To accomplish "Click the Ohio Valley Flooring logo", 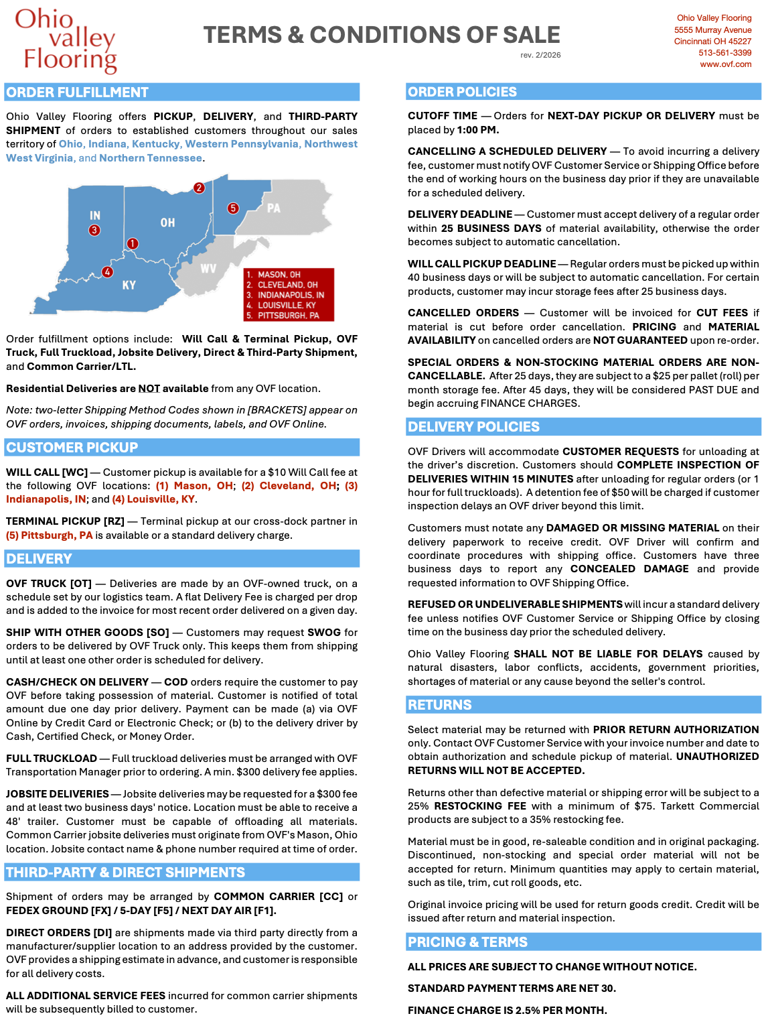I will click(x=66, y=40).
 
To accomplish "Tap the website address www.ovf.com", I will click(x=725, y=64).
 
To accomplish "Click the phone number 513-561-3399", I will click(x=724, y=53).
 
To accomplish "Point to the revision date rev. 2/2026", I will click(x=540, y=55).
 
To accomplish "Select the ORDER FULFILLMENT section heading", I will click(x=78, y=92).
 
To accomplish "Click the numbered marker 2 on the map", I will click(x=199, y=188).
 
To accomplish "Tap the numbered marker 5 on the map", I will click(x=233, y=208).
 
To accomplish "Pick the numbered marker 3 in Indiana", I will click(x=94, y=230).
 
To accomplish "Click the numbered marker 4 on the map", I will click(x=107, y=271).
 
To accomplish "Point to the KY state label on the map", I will click(x=129, y=285).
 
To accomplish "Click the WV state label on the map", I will click(x=208, y=269).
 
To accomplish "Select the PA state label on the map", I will click(x=273, y=208).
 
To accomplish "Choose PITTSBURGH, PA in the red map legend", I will click(x=288, y=315).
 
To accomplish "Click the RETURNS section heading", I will click(x=440, y=705).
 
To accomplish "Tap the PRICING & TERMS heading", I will click(x=467, y=942).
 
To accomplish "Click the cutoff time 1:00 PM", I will click(x=478, y=130).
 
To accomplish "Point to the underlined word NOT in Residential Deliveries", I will click(x=149, y=389).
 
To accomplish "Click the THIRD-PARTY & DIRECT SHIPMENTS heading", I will click(x=126, y=873).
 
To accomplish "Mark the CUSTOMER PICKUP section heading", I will click(x=72, y=448).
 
